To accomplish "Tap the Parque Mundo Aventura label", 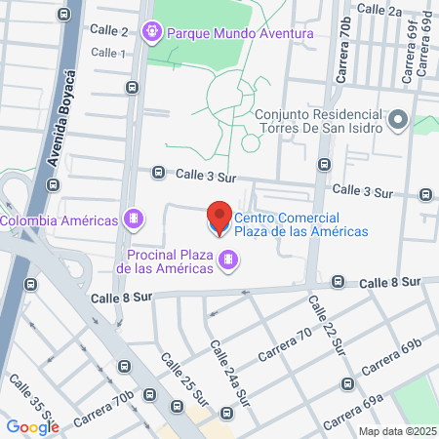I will (x=240, y=33).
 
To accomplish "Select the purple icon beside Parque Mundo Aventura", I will (x=152, y=33).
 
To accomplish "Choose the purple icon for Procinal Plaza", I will (x=228, y=259).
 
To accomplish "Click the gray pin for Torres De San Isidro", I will (x=397, y=121).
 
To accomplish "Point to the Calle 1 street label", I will (x=109, y=53).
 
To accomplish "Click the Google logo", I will (x=33, y=425).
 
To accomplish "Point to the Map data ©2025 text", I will (x=396, y=431).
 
